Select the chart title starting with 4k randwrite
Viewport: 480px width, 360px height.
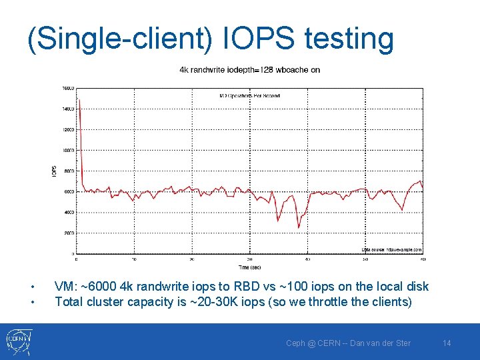(249, 69)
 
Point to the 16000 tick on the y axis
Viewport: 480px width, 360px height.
(68, 88)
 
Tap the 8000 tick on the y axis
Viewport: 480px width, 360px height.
(69, 171)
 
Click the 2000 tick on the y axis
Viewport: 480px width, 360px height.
(69, 233)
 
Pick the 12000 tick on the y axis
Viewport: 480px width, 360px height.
(68, 129)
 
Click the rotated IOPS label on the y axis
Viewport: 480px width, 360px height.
(54, 171)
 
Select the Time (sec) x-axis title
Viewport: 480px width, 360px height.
(249, 267)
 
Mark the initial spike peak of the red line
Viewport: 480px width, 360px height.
(79, 100)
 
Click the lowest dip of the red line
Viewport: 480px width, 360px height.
(299, 228)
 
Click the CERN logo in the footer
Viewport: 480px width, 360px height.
(16, 341)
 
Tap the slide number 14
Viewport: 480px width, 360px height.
(447, 343)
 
